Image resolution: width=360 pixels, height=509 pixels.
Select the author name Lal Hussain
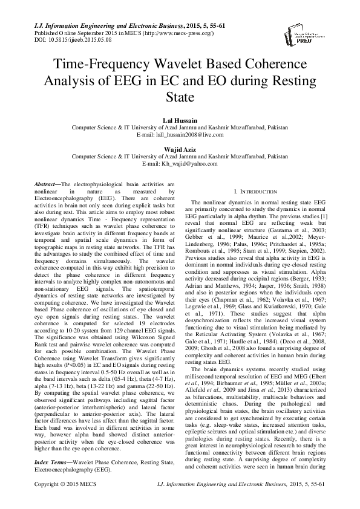180,121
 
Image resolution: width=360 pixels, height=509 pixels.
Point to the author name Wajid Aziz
180,149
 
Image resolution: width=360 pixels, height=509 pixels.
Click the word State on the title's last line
180,97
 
